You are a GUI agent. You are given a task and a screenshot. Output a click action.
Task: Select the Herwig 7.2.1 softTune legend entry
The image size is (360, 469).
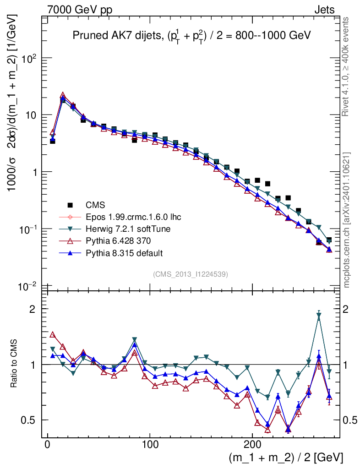124,229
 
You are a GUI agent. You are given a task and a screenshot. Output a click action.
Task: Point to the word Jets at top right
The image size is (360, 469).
324,10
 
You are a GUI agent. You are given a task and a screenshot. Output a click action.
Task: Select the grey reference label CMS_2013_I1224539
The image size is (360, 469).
191,274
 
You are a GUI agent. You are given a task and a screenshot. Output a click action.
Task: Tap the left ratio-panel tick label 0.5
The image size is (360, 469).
30,420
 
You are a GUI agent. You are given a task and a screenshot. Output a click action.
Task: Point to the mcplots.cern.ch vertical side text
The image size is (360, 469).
347,220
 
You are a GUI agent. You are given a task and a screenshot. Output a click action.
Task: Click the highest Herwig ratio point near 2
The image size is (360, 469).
319,315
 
